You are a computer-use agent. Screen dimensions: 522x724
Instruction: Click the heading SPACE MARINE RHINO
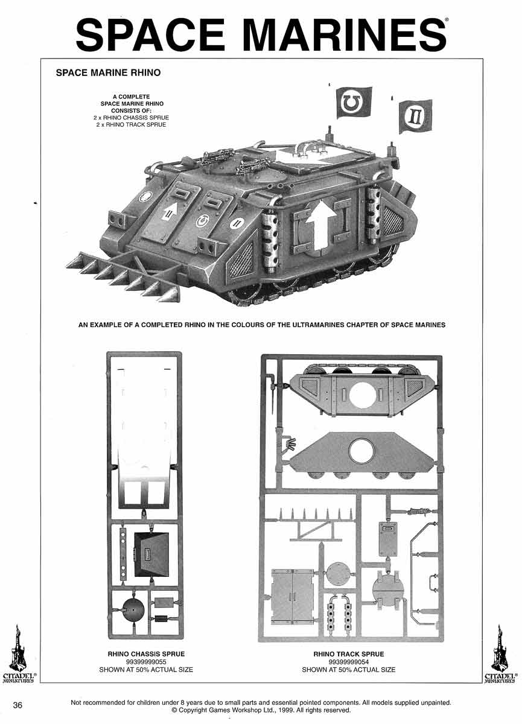point(108,73)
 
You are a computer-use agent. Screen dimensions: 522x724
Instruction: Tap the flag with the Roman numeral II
point(416,116)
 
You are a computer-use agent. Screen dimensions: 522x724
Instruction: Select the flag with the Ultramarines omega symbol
point(354,103)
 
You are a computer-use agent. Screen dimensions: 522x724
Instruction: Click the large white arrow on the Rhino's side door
point(320,226)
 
